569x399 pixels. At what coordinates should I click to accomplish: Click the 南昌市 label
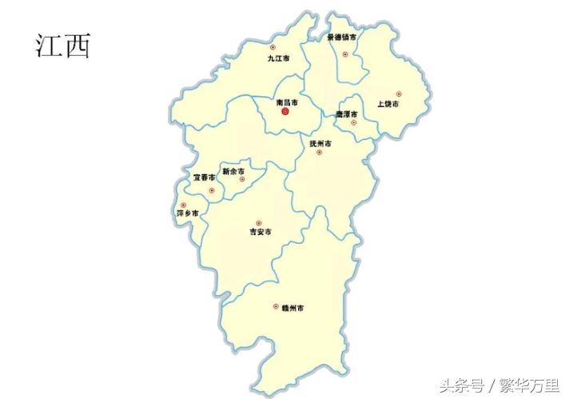coord(286,103)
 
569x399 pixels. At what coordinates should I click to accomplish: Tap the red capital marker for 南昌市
coord(285,114)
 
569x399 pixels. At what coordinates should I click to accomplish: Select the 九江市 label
coord(278,59)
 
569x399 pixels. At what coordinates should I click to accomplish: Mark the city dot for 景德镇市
coord(345,54)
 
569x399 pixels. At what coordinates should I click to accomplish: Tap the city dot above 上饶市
coord(398,94)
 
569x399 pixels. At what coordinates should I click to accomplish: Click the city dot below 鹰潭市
coord(353,123)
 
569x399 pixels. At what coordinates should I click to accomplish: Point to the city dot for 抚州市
coord(319,152)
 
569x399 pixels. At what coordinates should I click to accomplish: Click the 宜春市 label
coord(204,178)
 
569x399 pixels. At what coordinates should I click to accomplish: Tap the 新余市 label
coord(233,171)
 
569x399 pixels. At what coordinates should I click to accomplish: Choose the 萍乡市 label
coord(187,214)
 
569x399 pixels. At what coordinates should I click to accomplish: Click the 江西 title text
coord(63,45)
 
